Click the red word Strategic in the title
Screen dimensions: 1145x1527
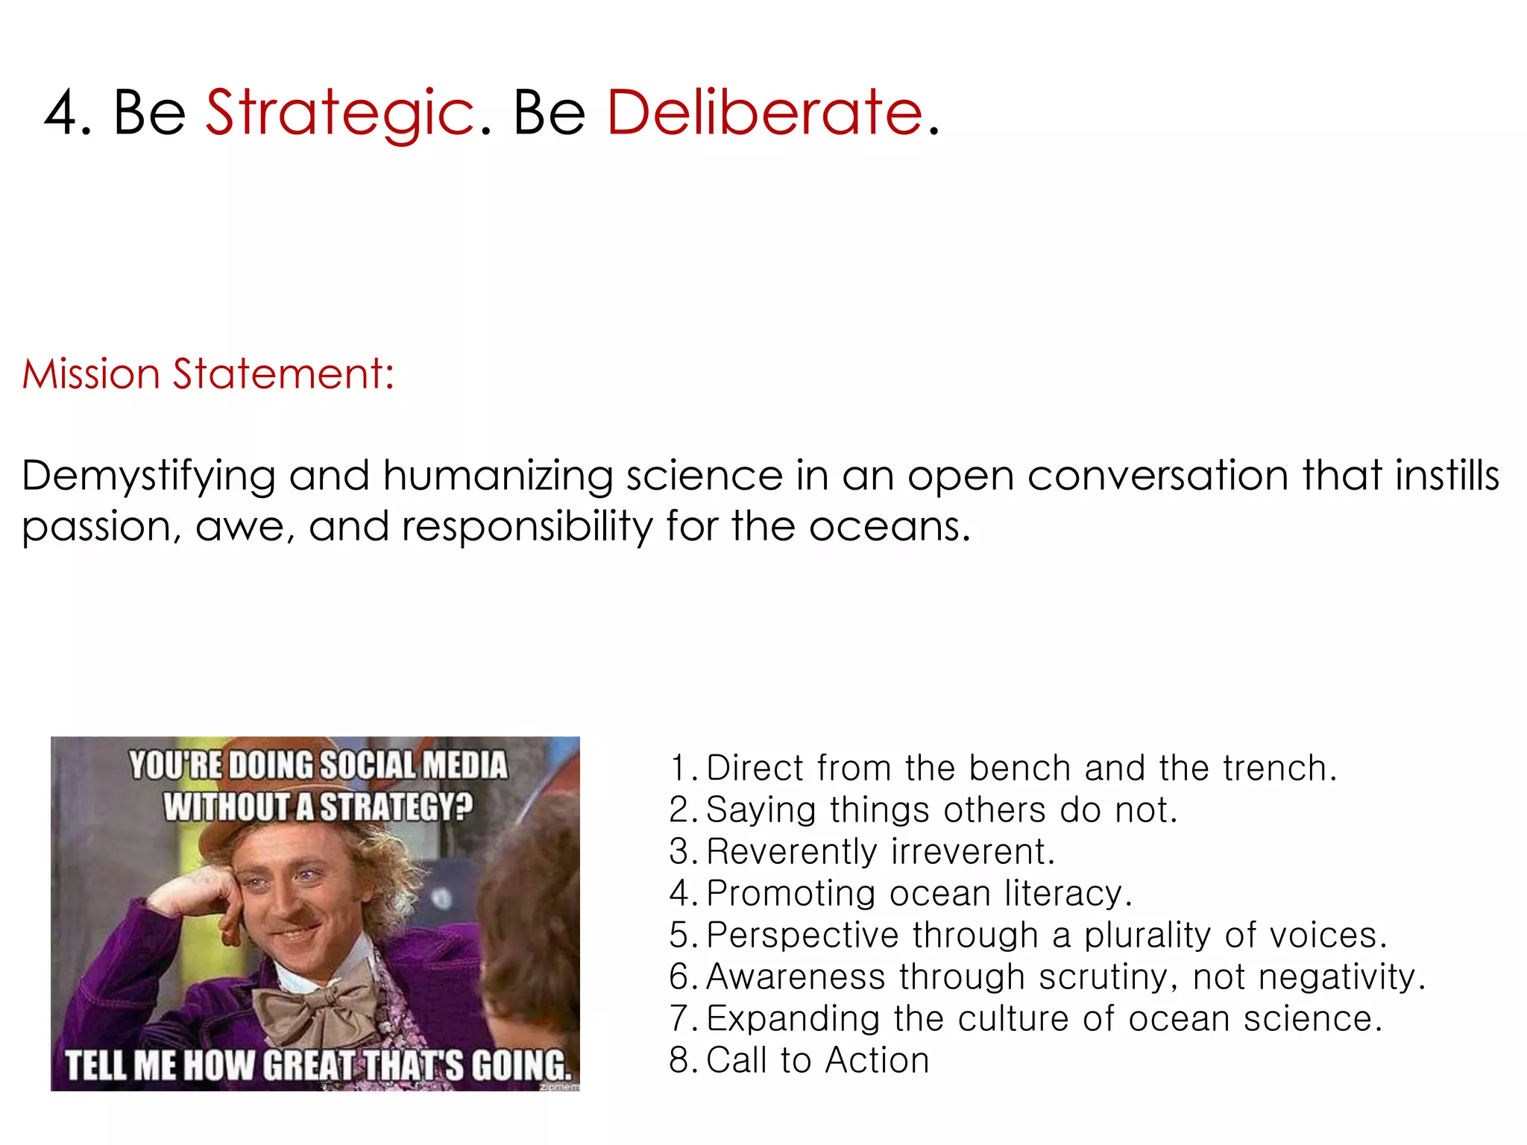339,113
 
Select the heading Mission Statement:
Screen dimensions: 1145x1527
208,373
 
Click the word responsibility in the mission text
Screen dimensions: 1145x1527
526,527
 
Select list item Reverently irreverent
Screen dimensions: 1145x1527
880,851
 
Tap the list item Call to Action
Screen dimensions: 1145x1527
817,1060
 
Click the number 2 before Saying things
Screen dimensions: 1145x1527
679,810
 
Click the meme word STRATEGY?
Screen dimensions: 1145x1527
396,807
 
